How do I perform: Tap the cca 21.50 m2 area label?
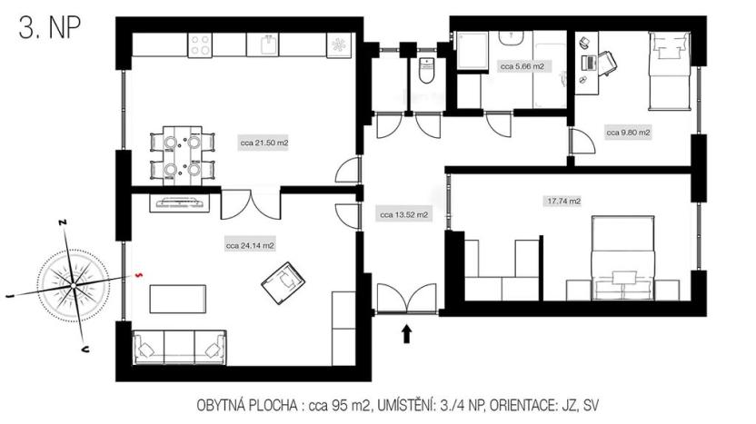pos(264,143)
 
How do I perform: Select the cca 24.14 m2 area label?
pos(250,245)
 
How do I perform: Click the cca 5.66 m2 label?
pos(522,66)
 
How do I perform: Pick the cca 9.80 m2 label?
pos(628,133)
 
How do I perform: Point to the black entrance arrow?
pos(406,334)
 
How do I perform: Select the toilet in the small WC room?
pos(425,69)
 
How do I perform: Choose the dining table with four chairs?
pos(181,155)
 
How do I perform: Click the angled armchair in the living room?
pos(283,281)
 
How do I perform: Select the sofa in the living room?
pos(180,348)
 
